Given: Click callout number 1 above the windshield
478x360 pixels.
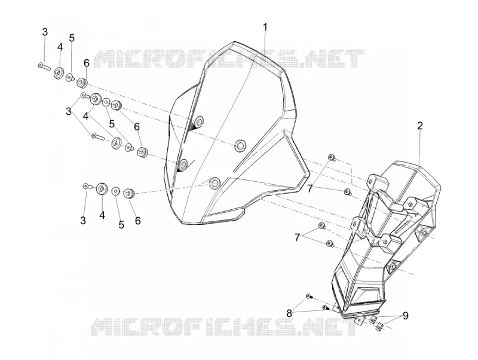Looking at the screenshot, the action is tap(265, 27).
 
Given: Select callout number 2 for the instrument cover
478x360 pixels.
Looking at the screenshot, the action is tap(420, 126).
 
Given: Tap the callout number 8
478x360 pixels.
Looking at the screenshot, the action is tap(289, 313).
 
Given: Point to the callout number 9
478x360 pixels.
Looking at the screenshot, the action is tap(406, 316).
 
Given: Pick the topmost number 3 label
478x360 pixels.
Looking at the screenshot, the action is tap(45, 32).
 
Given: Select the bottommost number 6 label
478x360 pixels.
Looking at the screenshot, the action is tap(138, 221).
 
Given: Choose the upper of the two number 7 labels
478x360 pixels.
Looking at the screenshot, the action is tap(310, 189).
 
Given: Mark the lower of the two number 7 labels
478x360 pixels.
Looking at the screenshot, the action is tap(297, 237).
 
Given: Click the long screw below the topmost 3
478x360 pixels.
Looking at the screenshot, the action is tap(44, 66).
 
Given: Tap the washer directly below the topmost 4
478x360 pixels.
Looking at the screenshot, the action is tap(58, 74).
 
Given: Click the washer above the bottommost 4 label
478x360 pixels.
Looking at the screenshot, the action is tap(102, 188).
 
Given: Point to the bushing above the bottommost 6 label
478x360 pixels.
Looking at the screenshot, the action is tap(129, 193).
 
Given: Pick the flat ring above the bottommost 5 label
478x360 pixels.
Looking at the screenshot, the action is tap(115, 191).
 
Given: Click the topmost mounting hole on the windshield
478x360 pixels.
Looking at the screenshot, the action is tap(199, 121).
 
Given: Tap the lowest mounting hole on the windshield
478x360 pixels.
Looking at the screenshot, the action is tap(215, 182).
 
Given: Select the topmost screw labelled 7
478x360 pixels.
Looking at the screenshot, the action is tap(331, 157).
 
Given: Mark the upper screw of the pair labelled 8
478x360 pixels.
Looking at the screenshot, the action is tap(309, 295).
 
